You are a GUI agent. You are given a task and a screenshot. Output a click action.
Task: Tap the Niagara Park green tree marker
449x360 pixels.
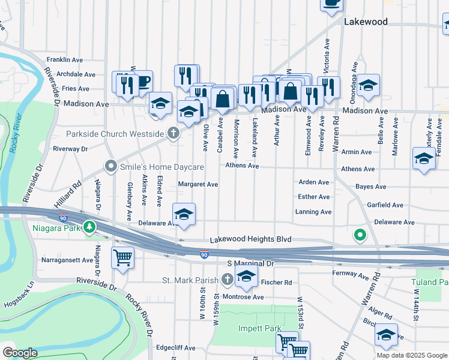tap(89, 226)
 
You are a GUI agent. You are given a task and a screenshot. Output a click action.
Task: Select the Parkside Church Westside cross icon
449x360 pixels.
tap(174, 133)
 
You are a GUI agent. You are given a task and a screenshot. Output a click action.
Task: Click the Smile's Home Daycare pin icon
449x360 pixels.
tap(110, 165)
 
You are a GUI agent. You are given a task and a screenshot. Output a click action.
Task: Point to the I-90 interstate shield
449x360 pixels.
tap(204, 255)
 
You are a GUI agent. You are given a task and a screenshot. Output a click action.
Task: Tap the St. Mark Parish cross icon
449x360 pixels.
tap(227, 279)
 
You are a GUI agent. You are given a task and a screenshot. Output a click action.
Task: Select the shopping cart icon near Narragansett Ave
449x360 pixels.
tap(122, 257)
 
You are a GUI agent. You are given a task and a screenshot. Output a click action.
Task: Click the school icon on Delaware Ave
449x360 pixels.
tap(184, 214)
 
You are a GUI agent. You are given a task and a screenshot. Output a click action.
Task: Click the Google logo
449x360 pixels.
tap(20, 353)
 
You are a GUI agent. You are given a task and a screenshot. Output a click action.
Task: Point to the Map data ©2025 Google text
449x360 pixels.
tap(411, 355)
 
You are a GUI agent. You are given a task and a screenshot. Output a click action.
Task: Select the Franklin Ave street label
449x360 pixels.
tap(65, 60)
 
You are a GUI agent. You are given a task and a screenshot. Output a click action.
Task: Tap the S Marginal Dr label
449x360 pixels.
tap(250, 263)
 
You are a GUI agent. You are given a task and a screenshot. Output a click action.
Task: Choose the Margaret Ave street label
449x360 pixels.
tap(198, 185)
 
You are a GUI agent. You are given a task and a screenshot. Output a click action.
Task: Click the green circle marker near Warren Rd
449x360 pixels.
tap(360, 235)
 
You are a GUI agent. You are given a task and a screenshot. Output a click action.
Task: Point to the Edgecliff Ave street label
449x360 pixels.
tap(175, 347)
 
